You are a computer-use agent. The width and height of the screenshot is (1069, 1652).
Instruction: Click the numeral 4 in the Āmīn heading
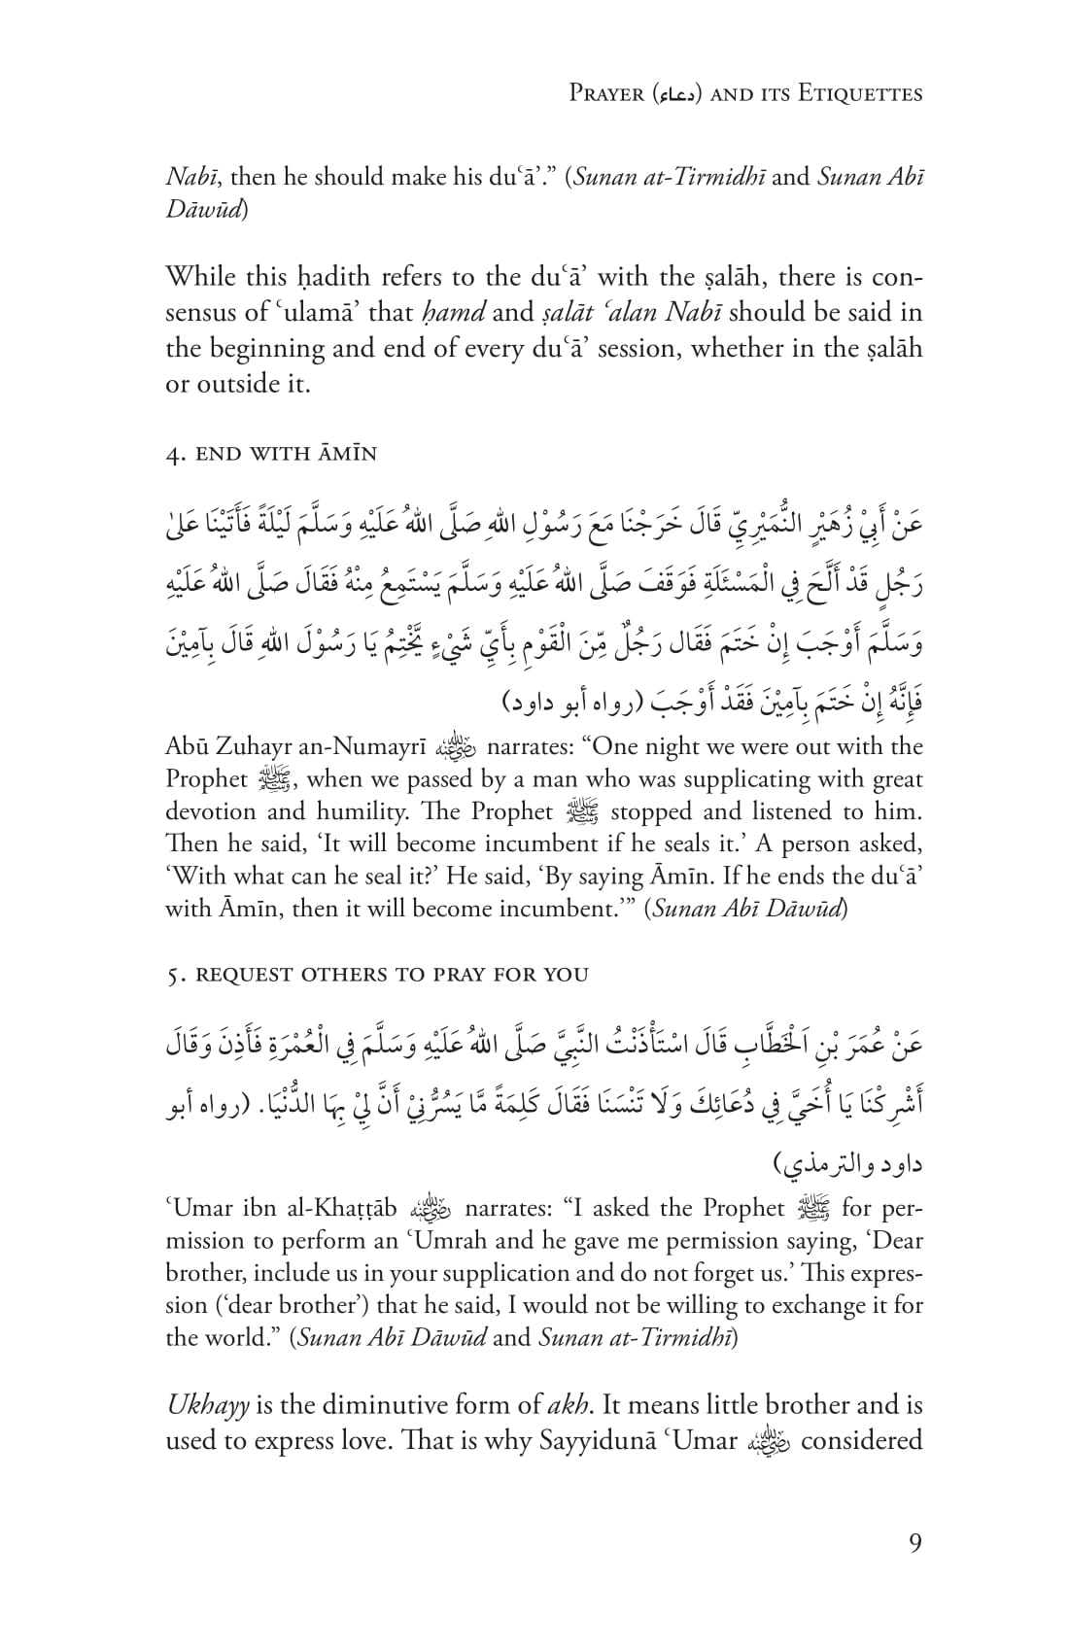point(171,454)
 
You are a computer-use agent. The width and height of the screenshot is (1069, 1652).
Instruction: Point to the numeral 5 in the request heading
point(171,974)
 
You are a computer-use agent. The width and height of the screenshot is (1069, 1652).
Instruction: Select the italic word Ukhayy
point(208,1405)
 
